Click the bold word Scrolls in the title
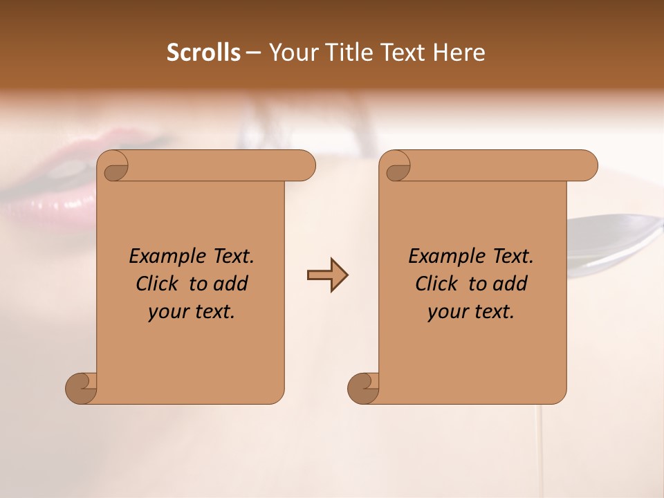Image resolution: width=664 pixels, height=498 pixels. [x=204, y=53]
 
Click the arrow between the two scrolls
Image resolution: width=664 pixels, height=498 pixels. [x=327, y=275]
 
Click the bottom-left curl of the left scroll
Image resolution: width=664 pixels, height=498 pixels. [x=81, y=388]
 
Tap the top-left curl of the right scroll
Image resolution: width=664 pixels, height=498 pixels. [x=397, y=166]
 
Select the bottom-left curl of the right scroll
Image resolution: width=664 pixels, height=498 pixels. [x=363, y=388]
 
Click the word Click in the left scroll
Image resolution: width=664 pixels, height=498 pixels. [x=158, y=284]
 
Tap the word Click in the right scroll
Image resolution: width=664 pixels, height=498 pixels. [x=437, y=284]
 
